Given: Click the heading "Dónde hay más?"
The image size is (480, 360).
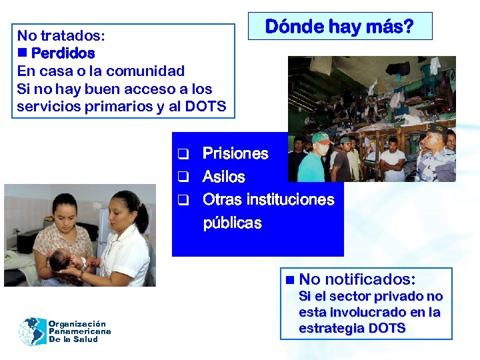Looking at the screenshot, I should click(339, 27).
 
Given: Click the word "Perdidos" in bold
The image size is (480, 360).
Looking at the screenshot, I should click(63, 53).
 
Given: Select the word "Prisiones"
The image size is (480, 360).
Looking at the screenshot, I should click(235, 154).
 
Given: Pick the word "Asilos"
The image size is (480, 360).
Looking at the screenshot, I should click(223, 177).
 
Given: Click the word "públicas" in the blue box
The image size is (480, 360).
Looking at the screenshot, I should click(232, 223).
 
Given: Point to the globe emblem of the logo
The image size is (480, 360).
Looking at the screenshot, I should click(32, 331).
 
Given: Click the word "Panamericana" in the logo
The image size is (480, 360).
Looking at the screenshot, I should click(79, 331).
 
